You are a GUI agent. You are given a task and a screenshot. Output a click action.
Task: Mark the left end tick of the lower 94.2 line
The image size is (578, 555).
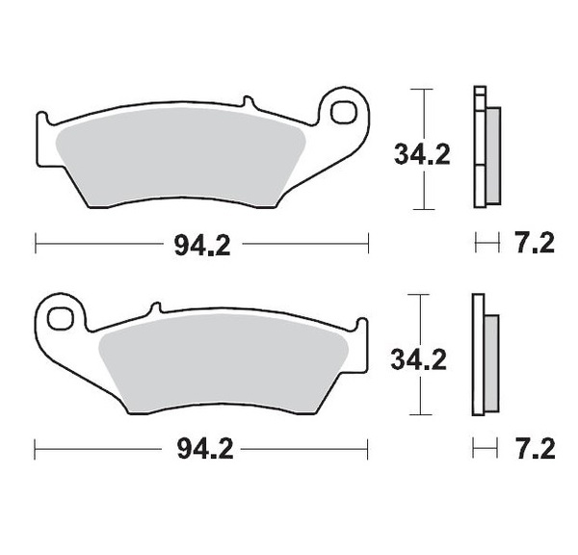pos(36,450)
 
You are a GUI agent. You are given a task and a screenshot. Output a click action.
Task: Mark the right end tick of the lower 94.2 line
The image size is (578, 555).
pos(368,450)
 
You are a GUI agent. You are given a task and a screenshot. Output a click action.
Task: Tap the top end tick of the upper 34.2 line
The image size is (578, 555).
pos(417,89)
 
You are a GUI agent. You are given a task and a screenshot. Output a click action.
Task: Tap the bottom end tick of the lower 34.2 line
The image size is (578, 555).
pos(417,416)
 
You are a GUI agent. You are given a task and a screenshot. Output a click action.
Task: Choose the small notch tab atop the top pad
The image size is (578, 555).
pos(247,102)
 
